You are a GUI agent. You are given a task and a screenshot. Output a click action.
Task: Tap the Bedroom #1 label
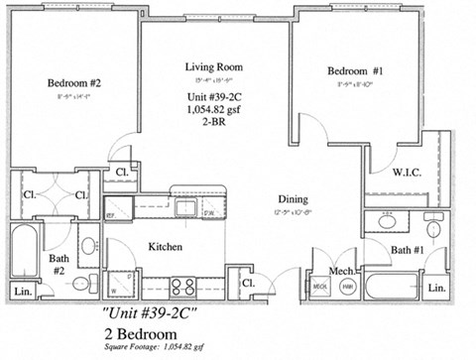click(356, 71)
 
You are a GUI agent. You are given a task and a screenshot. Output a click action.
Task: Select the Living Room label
click(214, 66)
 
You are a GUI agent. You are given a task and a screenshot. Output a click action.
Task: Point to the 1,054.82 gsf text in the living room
click(214, 111)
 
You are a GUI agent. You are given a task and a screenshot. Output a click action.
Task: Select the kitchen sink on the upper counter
click(183, 208)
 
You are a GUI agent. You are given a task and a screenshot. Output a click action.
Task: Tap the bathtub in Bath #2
click(24, 250)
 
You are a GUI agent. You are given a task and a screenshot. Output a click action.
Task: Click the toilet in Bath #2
click(87, 245)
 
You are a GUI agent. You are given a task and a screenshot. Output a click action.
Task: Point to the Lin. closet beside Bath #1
click(435, 287)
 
